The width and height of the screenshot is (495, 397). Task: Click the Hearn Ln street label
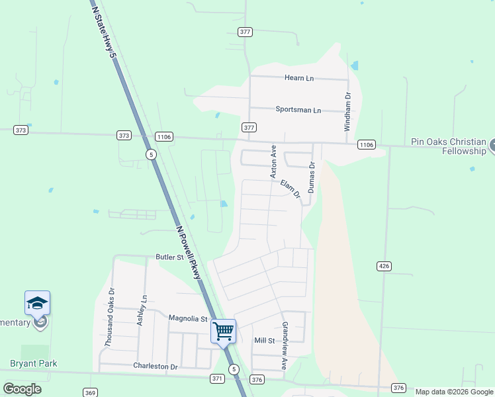tap(299, 78)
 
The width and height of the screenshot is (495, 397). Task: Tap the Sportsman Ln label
tap(298, 110)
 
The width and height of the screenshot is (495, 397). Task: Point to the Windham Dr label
tap(347, 112)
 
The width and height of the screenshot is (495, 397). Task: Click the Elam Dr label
tap(291, 189)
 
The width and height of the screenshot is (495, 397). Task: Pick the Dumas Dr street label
tap(311, 179)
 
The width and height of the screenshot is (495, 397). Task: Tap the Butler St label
tap(169, 257)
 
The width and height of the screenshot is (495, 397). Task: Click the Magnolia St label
tap(188, 318)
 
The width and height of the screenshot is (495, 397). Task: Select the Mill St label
tap(265, 340)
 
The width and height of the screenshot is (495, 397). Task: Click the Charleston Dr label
tap(156, 366)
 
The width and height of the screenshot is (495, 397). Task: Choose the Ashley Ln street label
tap(140, 310)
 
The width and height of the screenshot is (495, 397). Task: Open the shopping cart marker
tap(224, 330)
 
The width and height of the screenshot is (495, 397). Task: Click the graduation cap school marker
tap(38, 304)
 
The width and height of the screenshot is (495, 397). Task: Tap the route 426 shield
tap(384, 266)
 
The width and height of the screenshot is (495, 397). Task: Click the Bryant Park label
tap(34, 363)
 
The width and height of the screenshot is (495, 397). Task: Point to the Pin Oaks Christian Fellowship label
tap(449, 146)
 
